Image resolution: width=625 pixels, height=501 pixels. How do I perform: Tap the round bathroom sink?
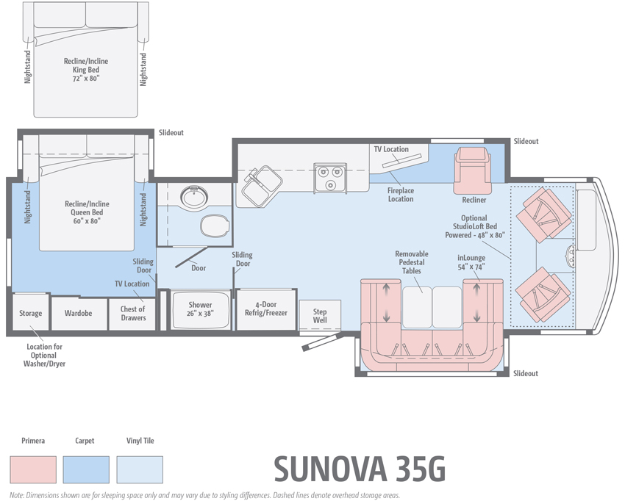195,198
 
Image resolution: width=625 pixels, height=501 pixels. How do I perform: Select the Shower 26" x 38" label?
200,309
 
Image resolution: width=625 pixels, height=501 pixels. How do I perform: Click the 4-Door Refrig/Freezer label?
265,309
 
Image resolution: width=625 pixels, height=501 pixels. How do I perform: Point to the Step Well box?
320,316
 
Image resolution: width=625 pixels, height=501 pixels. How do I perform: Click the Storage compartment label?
30,314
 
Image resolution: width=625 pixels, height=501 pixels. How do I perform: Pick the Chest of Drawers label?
133,314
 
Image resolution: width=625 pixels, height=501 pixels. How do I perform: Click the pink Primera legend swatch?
33,469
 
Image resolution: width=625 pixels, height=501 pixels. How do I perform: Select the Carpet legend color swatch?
85,469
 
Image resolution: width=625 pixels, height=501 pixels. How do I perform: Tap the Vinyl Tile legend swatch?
140,469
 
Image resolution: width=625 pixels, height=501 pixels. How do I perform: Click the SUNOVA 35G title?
360,469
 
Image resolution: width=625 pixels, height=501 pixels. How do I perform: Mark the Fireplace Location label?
401,195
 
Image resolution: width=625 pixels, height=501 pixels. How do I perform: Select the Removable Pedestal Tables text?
411,262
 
